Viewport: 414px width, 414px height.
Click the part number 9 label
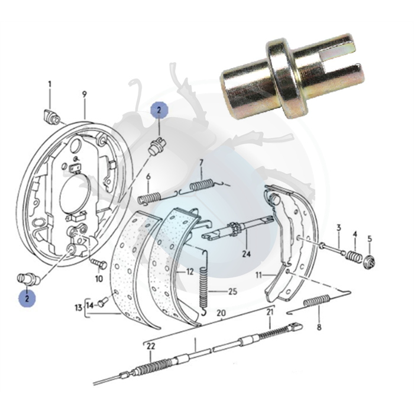click(84, 94)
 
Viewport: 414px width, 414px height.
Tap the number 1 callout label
click(50, 84)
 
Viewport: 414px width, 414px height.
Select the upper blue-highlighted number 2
click(159, 111)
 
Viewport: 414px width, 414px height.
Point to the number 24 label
click(247, 254)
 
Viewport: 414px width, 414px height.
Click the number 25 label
click(232, 292)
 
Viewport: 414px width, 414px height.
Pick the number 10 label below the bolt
click(99, 279)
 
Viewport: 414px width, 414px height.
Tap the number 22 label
click(150, 347)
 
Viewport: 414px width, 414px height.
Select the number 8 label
click(319, 328)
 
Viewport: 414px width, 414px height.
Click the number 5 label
click(370, 239)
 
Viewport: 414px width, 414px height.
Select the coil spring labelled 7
click(202, 185)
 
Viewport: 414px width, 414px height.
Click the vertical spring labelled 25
click(203, 283)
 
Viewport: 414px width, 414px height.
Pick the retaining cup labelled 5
click(370, 261)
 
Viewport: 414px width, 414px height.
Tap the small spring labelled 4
click(354, 256)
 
